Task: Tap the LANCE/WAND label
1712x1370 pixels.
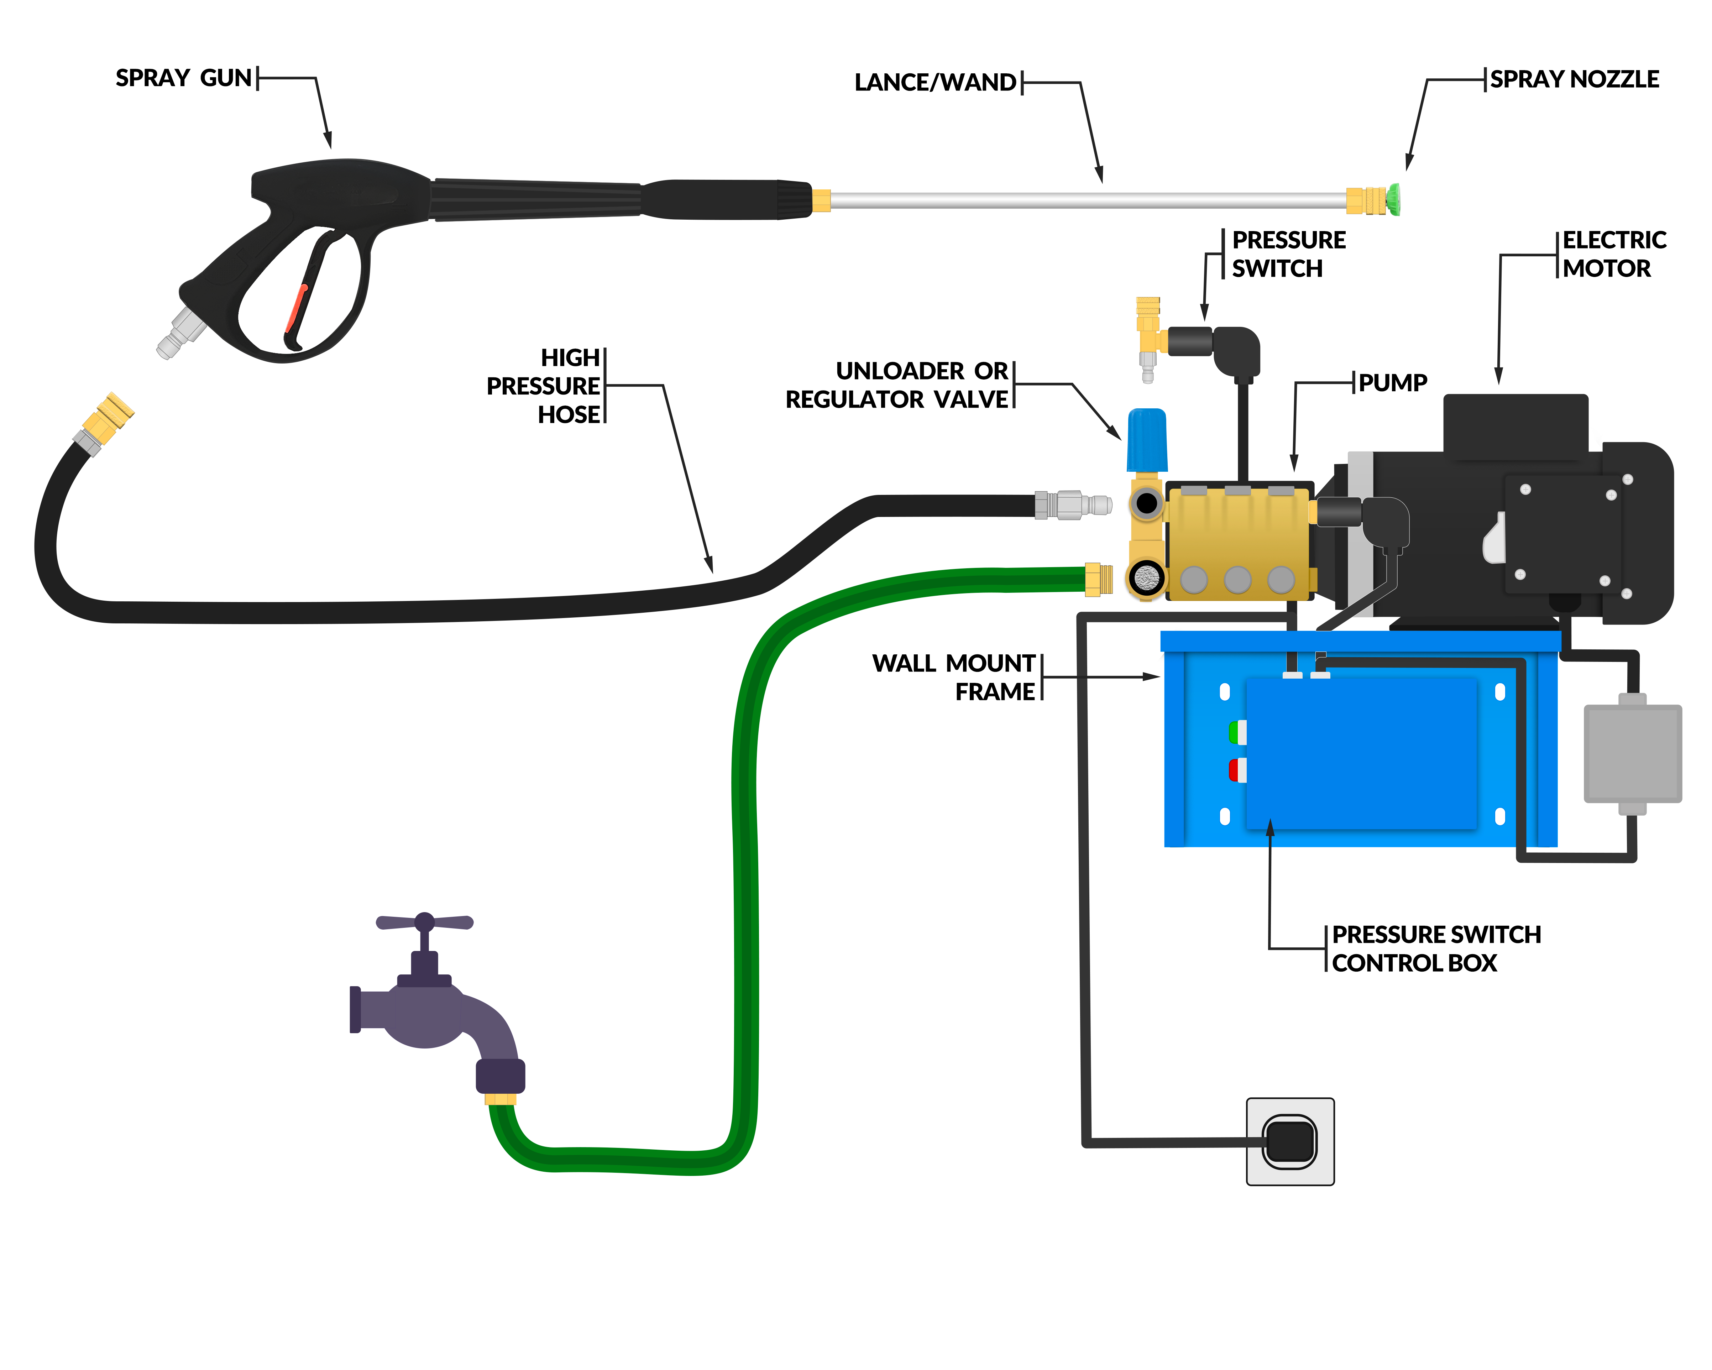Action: click(x=934, y=83)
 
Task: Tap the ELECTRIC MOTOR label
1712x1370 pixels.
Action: click(x=1613, y=254)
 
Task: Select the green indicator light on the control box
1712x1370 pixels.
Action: click(x=1236, y=731)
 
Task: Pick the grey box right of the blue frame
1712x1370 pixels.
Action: click(x=1632, y=753)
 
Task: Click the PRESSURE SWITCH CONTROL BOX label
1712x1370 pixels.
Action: click(x=1436, y=948)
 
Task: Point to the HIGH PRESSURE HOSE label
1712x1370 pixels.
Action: click(x=544, y=386)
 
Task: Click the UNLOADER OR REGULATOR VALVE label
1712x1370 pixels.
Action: click(x=897, y=385)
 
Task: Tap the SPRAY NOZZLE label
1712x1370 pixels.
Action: click(x=1574, y=79)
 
